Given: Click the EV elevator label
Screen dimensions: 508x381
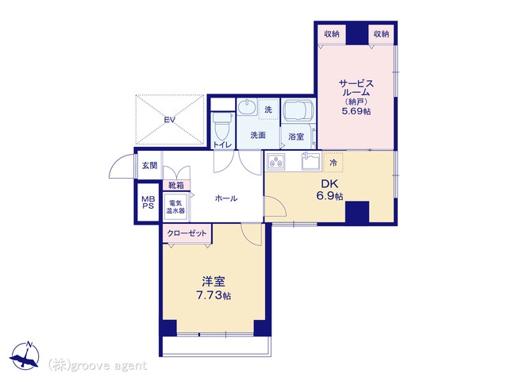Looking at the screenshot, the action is click(169, 120).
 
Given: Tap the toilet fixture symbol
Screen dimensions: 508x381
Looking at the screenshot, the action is click(222, 126).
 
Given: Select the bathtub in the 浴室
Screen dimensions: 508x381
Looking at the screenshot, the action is click(298, 110).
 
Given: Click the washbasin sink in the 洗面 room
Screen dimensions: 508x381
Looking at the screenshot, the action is click(247, 106).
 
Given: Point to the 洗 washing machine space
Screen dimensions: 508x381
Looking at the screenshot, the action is click(268, 110).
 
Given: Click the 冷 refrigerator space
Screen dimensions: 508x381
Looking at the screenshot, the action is click(333, 162).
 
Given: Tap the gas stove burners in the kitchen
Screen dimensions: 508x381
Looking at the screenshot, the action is click(276, 161).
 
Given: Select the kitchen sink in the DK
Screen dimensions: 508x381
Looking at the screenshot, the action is click(311, 161).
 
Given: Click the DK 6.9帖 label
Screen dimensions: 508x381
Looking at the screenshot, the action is click(329, 190).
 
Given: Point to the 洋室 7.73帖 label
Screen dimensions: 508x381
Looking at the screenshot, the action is click(214, 288).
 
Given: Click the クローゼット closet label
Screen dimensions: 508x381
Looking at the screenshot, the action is click(187, 233).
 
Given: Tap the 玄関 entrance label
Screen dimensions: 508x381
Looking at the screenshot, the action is click(150, 166).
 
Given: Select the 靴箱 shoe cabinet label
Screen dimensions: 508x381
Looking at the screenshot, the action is click(176, 185).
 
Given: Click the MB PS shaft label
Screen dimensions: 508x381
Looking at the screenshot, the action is click(148, 202).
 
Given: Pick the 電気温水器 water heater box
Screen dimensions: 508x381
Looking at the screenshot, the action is click(175, 206).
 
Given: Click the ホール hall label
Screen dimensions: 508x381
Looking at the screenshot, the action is click(226, 198).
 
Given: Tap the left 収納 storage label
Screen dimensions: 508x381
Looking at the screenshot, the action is click(332, 33).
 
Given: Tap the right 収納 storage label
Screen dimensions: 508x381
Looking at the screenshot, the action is click(381, 33).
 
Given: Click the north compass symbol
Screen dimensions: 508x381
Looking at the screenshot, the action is click(25, 356).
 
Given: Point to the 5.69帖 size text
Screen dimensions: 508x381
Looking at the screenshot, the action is click(356, 111).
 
